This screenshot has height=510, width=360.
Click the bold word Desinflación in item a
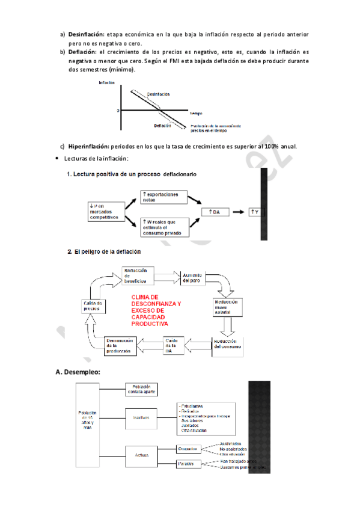pyautogui.click(x=86, y=34)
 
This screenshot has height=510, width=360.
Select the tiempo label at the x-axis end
pyautogui.click(x=196, y=113)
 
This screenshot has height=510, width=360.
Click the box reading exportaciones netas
pyautogui.click(x=164, y=198)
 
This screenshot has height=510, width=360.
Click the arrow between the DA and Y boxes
pyautogui.click(x=240, y=213)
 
